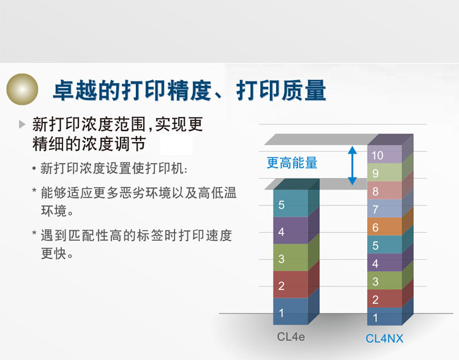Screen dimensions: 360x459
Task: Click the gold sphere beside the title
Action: tap(23, 89)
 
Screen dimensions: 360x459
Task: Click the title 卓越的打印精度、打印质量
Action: tap(188, 90)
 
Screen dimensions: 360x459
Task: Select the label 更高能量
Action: tap(292, 163)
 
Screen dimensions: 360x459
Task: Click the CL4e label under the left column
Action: tap(291, 337)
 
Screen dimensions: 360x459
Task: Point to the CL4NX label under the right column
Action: tap(384, 338)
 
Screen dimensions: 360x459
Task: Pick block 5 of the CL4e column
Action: tap(290, 204)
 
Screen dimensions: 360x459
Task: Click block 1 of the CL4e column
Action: tap(290, 312)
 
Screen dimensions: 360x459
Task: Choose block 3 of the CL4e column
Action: tap(290, 258)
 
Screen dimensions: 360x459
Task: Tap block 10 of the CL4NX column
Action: tap(384, 155)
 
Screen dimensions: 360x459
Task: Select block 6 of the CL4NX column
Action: tap(384, 227)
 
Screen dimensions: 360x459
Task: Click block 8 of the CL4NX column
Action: tap(384, 191)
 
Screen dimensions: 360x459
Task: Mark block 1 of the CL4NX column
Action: tap(384, 317)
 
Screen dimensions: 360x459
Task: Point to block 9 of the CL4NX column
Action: tap(384, 173)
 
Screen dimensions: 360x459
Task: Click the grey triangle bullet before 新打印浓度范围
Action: tap(23, 125)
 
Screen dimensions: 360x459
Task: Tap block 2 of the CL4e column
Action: tap(290, 285)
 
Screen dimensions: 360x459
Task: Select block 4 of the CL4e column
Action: tap(290, 231)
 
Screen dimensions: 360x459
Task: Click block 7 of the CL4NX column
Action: tap(384, 209)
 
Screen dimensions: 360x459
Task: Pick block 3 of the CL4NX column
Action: tap(384, 281)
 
